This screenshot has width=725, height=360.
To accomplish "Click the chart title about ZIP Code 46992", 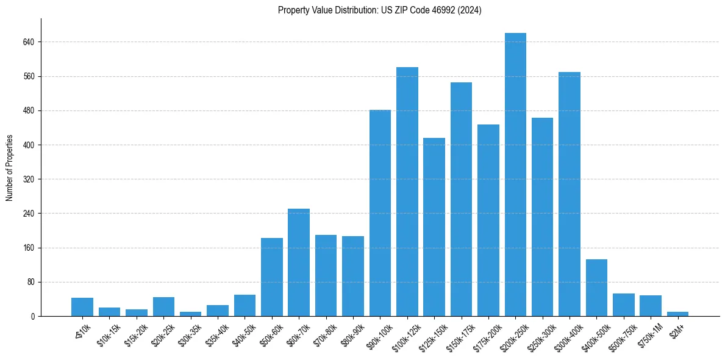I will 379,10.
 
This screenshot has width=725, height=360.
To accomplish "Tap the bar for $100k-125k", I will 407,192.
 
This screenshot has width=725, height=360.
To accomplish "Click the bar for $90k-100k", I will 380,213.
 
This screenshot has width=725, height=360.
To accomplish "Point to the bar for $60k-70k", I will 299,262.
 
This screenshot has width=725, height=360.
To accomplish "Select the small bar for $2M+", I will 677,314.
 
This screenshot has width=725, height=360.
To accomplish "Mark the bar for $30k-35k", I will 190,314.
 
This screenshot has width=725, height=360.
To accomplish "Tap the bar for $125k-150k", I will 434,227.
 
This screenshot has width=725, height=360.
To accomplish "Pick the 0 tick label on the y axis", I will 34,316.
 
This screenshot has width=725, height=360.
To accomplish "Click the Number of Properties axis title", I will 10,168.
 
